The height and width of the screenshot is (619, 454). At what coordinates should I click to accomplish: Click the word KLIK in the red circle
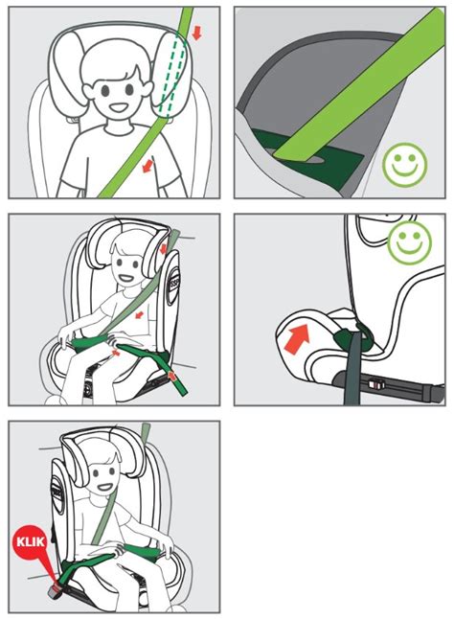pyautogui.click(x=31, y=541)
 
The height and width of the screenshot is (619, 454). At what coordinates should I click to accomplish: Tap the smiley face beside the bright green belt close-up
pyautogui.click(x=405, y=164)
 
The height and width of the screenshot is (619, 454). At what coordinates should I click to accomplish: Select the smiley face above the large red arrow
pyautogui.click(x=410, y=242)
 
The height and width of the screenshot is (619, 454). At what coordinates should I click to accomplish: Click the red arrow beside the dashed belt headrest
pyautogui.click(x=196, y=34)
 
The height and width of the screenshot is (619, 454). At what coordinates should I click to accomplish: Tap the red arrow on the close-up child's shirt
pyautogui.click(x=148, y=166)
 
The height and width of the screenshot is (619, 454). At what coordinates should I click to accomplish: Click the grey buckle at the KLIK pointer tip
pyautogui.click(x=55, y=589)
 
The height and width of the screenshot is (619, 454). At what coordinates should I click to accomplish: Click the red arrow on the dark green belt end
pyautogui.click(x=171, y=376)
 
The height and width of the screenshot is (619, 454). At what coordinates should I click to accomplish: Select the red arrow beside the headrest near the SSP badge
pyautogui.click(x=163, y=249)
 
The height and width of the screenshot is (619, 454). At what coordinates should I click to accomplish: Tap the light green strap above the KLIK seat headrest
pyautogui.click(x=146, y=433)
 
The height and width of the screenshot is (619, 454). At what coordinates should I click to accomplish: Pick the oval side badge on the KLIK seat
pyautogui.click(x=57, y=493)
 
